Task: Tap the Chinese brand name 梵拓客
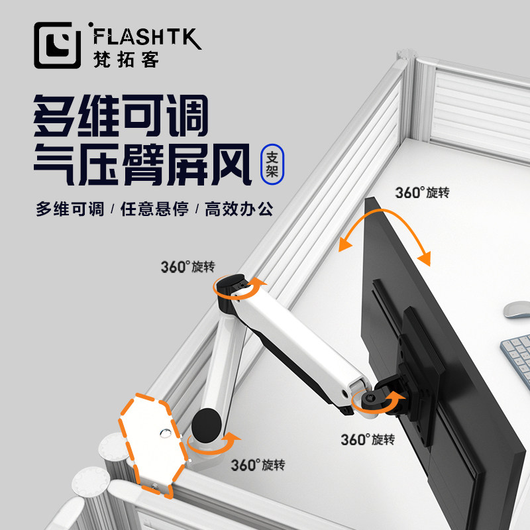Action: point(123,59)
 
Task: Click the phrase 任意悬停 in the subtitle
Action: point(154,209)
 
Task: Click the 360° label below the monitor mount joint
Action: point(368,439)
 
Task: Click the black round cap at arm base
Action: point(207,421)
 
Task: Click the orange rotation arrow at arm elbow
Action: point(238,289)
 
